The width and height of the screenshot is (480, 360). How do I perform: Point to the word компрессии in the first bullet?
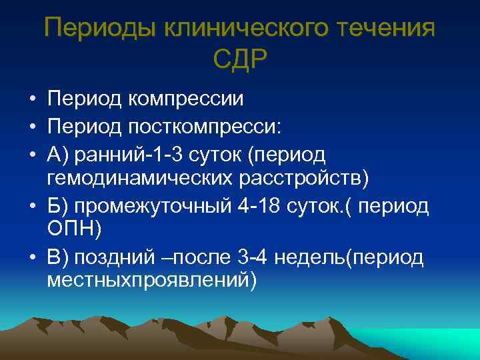186,99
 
